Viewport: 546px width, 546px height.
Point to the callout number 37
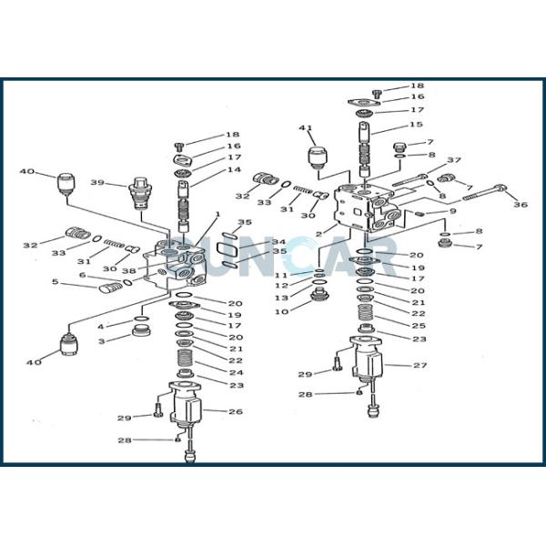(454, 161)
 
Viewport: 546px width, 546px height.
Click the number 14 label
(234, 170)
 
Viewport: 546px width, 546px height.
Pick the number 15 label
(416, 125)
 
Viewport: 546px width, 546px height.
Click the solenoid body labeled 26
(187, 415)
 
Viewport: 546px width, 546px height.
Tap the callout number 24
(236, 372)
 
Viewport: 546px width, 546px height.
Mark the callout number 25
(418, 325)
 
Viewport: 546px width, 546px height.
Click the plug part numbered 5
(109, 288)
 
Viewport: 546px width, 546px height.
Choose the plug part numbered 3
(141, 329)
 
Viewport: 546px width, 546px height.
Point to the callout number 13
(281, 298)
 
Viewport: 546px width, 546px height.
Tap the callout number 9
(452, 212)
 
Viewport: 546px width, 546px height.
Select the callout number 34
(254, 241)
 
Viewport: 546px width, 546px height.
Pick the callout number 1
(217, 215)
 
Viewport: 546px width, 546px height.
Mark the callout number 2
(318, 234)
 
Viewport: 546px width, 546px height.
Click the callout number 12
(281, 286)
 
